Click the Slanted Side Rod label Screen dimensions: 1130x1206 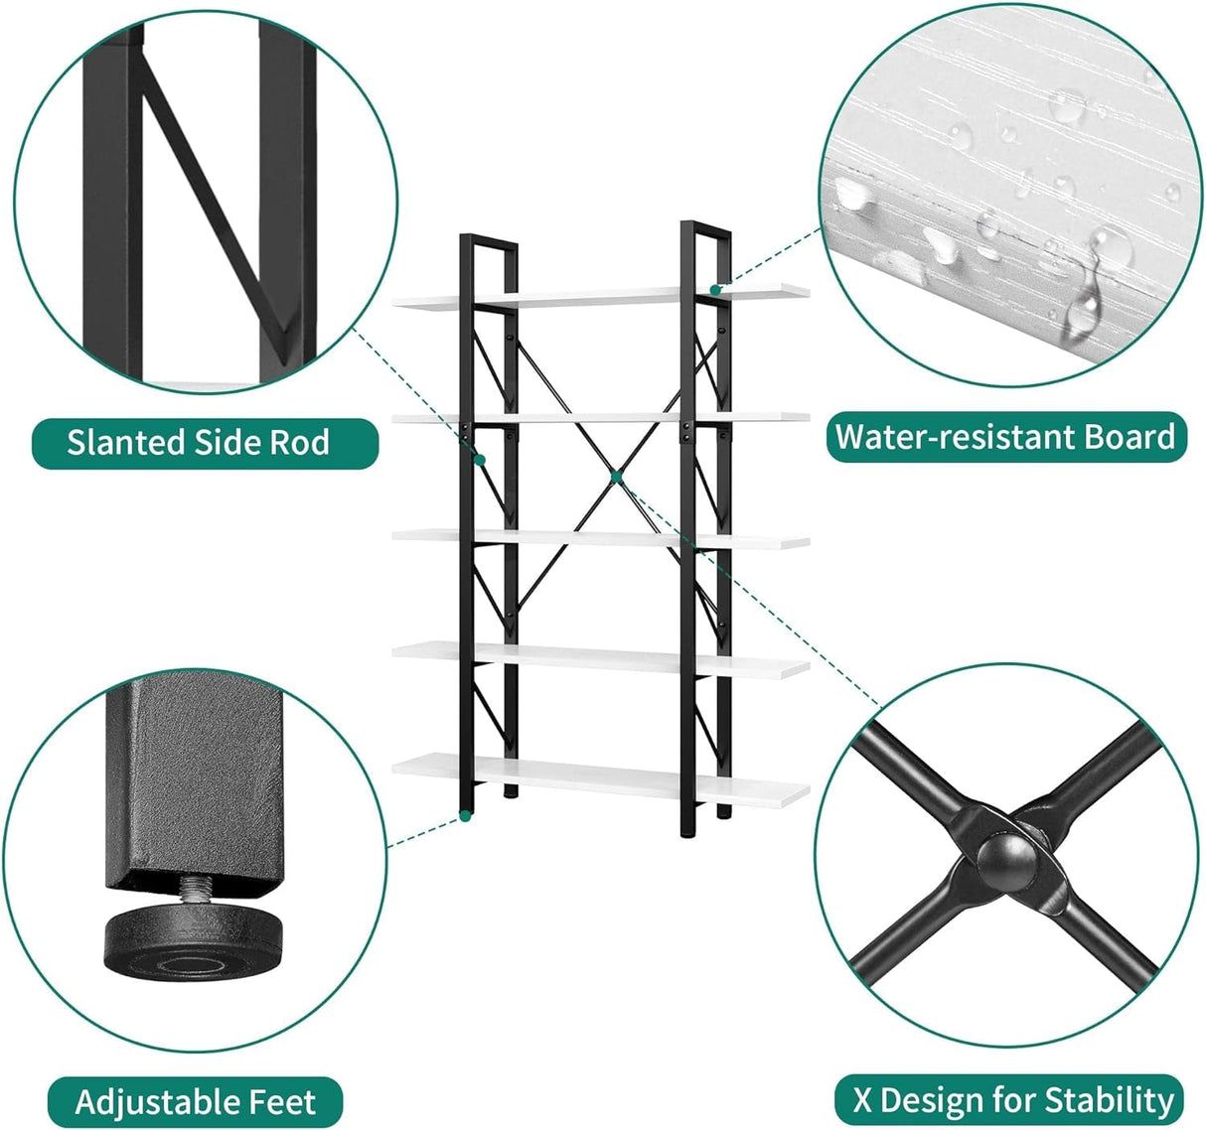[x=199, y=442]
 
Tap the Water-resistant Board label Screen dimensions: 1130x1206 [x=1005, y=437]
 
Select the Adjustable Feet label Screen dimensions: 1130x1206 [x=196, y=1101]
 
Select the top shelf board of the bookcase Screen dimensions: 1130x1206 [x=600, y=296]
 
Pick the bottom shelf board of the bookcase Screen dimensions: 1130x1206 [x=600, y=775]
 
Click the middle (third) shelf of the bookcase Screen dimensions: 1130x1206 [x=600, y=537]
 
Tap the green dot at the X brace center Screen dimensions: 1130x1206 [x=615, y=478]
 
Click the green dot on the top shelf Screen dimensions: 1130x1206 [x=715, y=290]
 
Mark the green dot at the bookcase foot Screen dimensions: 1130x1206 [x=464, y=816]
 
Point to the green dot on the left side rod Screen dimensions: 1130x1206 [x=479, y=460]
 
